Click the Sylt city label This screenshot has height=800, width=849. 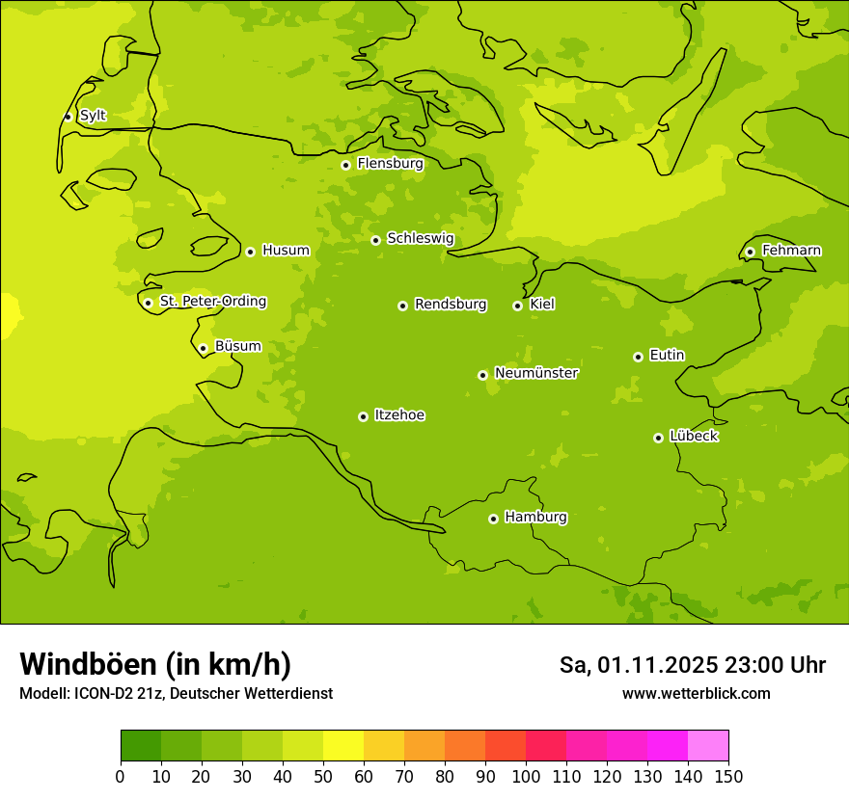pyautogui.click(x=93, y=116)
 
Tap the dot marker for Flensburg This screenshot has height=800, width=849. pyautogui.click(x=345, y=165)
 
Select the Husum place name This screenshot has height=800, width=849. pyautogui.click(x=286, y=251)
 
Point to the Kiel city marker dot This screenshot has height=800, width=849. pyautogui.click(x=517, y=306)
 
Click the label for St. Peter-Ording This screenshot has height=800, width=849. pyautogui.click(x=213, y=302)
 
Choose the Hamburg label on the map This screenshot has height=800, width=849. pyautogui.click(x=535, y=518)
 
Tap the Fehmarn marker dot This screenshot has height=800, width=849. pyautogui.click(x=750, y=252)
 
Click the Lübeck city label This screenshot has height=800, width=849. pyautogui.click(x=694, y=437)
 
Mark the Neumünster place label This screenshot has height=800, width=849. pyautogui.click(x=536, y=373)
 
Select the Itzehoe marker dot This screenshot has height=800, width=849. pyautogui.click(x=363, y=416)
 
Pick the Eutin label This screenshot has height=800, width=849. pyautogui.click(x=667, y=356)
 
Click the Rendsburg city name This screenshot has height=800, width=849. pyautogui.click(x=451, y=305)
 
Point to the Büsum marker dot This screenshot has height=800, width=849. pyautogui.click(x=203, y=348)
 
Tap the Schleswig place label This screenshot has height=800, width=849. pyautogui.click(x=420, y=239)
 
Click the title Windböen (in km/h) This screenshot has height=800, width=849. pyautogui.click(x=155, y=664)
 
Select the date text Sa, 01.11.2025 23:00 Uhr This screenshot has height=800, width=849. pyautogui.click(x=693, y=665)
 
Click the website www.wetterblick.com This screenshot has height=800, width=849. pyautogui.click(x=696, y=693)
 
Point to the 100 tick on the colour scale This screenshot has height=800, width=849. pyautogui.click(x=526, y=776)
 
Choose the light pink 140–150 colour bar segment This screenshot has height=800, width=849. pyautogui.click(x=708, y=746)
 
